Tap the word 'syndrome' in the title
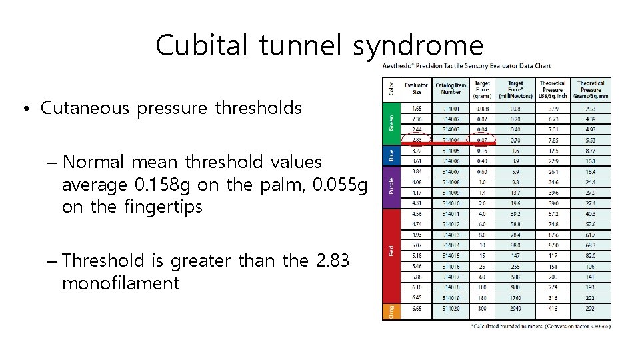tap(418, 45)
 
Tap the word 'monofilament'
tap(121, 283)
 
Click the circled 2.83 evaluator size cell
tap(416, 140)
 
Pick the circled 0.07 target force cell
tap(481, 140)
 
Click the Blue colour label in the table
tap(391, 156)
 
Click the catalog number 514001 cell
tap(451, 107)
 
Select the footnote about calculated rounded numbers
tap(541, 326)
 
